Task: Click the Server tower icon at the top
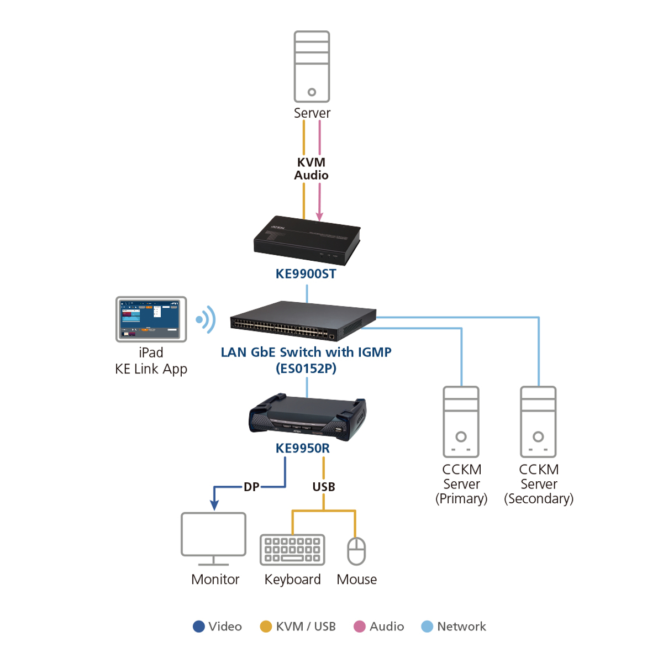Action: (x=312, y=66)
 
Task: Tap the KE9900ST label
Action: (x=306, y=274)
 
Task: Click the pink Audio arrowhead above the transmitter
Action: (x=319, y=216)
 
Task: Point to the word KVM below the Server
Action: (x=311, y=162)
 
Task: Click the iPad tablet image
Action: (x=151, y=319)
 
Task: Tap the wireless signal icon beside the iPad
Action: (x=206, y=319)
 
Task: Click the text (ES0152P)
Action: (x=306, y=369)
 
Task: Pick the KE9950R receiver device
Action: (x=307, y=417)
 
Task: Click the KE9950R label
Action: (x=303, y=448)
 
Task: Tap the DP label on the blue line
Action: (x=251, y=487)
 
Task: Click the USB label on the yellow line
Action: (x=323, y=487)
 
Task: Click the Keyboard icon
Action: (x=292, y=550)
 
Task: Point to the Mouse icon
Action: (x=356, y=551)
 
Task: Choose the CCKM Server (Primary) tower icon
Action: (x=461, y=422)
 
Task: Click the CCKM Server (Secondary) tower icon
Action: (x=538, y=422)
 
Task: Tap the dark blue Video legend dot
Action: (x=199, y=627)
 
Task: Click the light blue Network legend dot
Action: (x=427, y=627)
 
